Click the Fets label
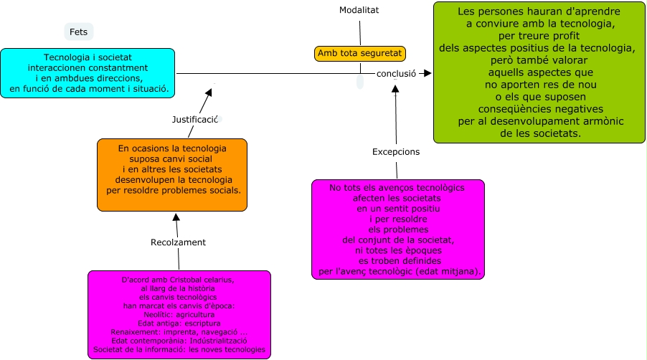[x=78, y=32]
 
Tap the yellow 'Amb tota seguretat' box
[x=360, y=53]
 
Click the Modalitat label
[x=359, y=10]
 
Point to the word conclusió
[x=396, y=73]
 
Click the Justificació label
[x=194, y=119]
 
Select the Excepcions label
[x=396, y=152]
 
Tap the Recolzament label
[x=178, y=242]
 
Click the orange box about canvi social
[x=172, y=174]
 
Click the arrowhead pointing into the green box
[x=428, y=73]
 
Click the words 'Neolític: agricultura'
[x=179, y=314]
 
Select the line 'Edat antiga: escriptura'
[x=179, y=323]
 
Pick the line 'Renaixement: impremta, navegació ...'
[x=179, y=332]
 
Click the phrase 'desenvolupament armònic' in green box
[x=562, y=122]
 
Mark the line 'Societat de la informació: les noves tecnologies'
[x=179, y=350]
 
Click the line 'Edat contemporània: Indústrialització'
[x=179, y=341]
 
